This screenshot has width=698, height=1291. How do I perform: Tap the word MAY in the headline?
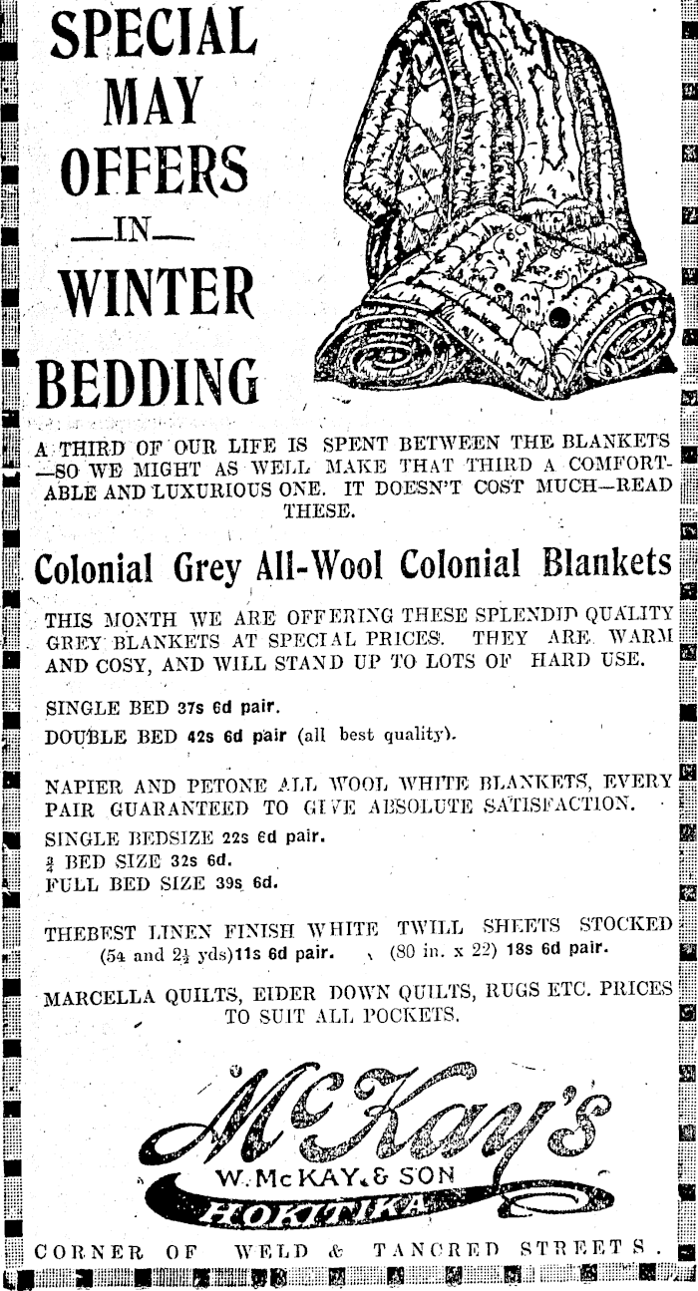[152, 99]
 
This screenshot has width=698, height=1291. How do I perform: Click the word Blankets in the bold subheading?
[607, 563]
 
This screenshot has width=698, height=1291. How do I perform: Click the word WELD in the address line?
[268, 1249]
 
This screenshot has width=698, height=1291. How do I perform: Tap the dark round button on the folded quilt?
[559, 320]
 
